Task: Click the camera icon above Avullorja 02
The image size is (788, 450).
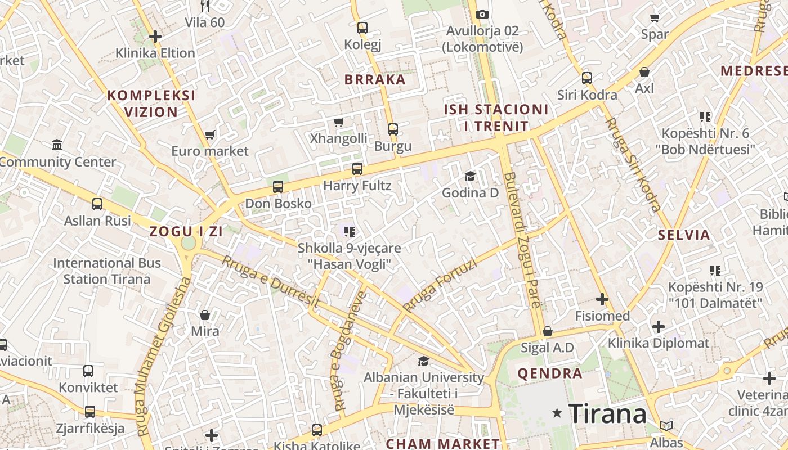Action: pyautogui.click(x=482, y=14)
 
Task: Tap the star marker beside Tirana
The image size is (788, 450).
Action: pyautogui.click(x=557, y=413)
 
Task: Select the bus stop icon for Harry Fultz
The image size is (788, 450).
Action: pyautogui.click(x=357, y=168)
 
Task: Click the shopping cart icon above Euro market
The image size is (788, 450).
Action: pyautogui.click(x=210, y=134)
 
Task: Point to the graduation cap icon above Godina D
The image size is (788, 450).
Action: pyautogui.click(x=470, y=177)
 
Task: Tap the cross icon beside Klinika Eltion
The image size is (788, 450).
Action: pyautogui.click(x=155, y=37)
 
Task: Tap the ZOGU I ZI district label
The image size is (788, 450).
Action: pyautogui.click(x=186, y=231)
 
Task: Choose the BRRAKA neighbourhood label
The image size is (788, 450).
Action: pyautogui.click(x=375, y=79)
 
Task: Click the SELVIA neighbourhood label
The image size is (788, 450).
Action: pyautogui.click(x=684, y=235)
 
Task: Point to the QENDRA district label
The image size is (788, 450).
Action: pyautogui.click(x=549, y=373)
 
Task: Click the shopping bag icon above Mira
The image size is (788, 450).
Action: pyautogui.click(x=205, y=314)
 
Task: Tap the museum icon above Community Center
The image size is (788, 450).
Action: pyautogui.click(x=57, y=145)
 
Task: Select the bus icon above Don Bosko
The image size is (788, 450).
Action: pyautogui.click(x=278, y=187)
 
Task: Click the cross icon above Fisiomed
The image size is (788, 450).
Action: pyautogui.click(x=602, y=299)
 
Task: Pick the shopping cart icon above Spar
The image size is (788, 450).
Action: pyautogui.click(x=655, y=17)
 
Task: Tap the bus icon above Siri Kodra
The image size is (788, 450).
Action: pyautogui.click(x=587, y=78)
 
